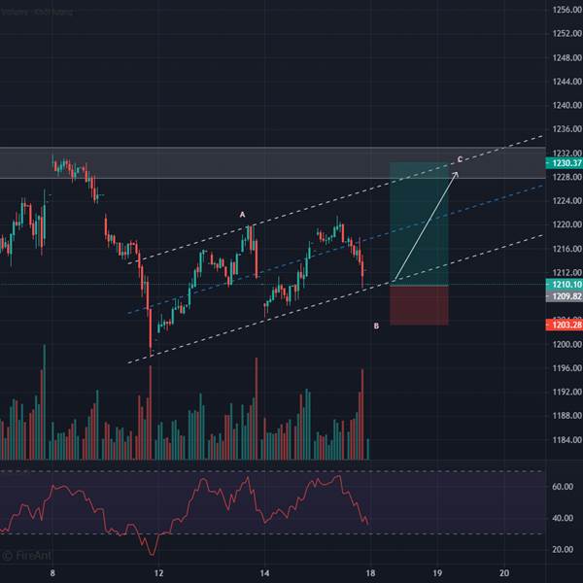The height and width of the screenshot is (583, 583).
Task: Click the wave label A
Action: tap(243, 214)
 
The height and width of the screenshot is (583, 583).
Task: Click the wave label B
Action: tap(377, 326)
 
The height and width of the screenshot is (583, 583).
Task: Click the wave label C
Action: tap(460, 159)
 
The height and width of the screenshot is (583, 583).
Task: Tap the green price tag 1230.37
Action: tap(564, 163)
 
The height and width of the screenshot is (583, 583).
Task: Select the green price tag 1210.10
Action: tap(564, 284)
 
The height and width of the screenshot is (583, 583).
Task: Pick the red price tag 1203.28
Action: tap(564, 326)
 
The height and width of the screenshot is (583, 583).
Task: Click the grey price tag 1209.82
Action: tap(564, 295)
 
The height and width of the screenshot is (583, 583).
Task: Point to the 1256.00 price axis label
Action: tap(564, 11)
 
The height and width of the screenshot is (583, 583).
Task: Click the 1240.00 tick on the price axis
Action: tap(564, 106)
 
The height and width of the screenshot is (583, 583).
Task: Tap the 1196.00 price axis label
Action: tap(564, 368)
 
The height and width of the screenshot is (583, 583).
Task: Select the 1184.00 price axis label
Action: tap(564, 440)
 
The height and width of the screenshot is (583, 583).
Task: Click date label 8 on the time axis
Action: tap(52, 574)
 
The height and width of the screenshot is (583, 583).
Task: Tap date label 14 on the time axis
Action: tap(264, 574)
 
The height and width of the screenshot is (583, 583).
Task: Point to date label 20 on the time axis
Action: tap(503, 574)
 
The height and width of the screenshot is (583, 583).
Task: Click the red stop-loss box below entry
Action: tap(419, 306)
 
